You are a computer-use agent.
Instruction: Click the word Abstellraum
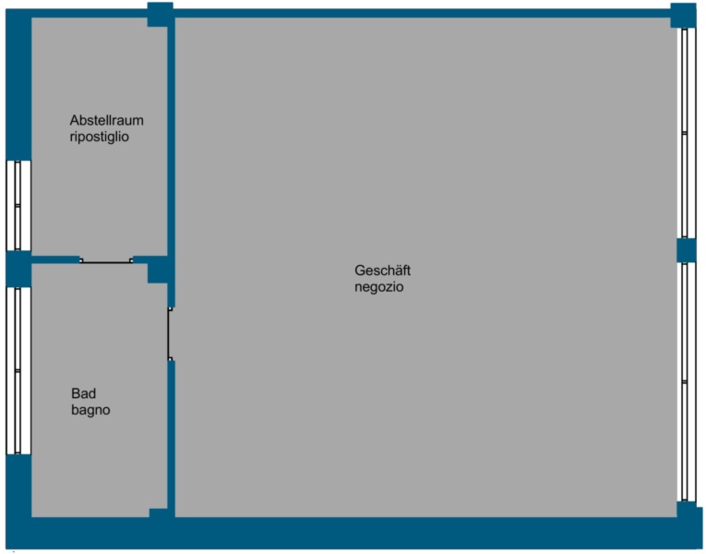[x=106, y=120]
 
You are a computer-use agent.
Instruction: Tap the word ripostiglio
[x=99, y=137]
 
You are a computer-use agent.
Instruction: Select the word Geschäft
[x=382, y=271]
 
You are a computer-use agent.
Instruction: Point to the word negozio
[x=378, y=287]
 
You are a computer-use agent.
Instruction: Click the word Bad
[x=83, y=393]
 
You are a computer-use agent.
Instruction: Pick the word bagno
[x=90, y=410]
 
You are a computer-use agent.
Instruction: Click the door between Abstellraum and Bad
[x=106, y=260]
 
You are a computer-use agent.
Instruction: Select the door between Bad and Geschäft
[x=170, y=333]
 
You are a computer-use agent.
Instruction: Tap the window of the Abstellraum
[x=18, y=205]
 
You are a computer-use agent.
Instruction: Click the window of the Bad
[x=18, y=370]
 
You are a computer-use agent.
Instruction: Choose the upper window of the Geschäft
[x=686, y=133]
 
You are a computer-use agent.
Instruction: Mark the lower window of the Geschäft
[x=686, y=382]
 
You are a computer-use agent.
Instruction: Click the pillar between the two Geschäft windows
[x=687, y=250]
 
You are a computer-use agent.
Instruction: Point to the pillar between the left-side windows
[x=18, y=269]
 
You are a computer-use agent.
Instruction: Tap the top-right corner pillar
[x=683, y=16]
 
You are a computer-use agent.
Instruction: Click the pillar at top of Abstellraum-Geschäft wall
[x=161, y=15]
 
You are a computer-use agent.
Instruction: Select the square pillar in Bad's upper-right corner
[x=158, y=271]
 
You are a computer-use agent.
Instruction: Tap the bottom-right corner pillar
[x=689, y=513]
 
